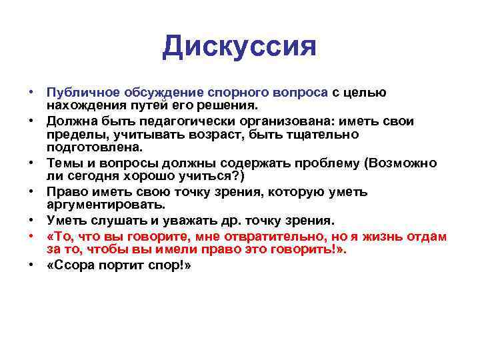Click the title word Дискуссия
pyautogui.click(x=239, y=46)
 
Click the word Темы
pyautogui.click(x=65, y=163)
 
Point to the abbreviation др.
pyautogui.click(x=225, y=221)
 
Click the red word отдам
pyautogui.click(x=429, y=237)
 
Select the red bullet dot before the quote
pyautogui.click(x=31, y=237)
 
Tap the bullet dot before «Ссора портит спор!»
pyautogui.click(x=31, y=266)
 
